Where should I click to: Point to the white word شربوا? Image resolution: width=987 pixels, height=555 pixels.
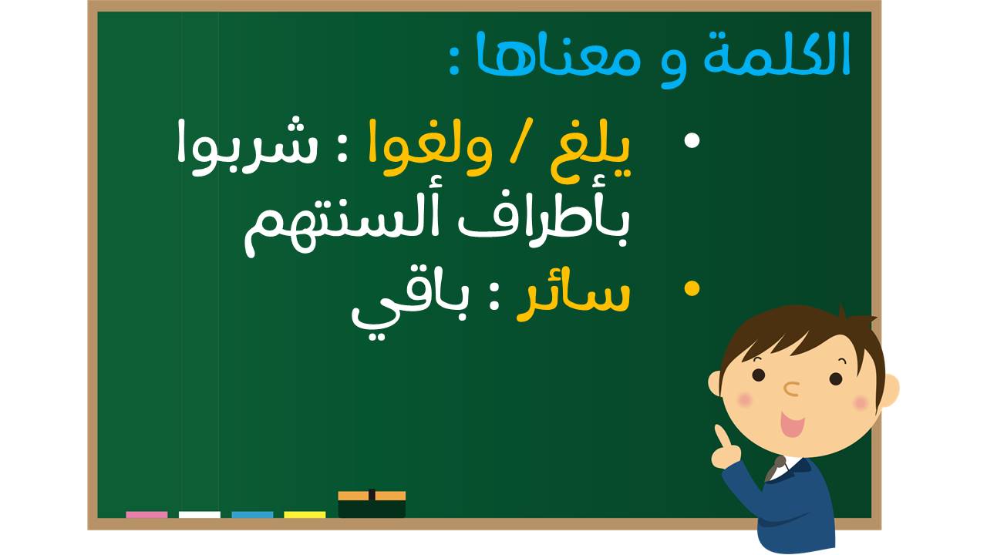tap(247, 146)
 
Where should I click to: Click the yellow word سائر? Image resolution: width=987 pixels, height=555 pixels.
tap(574, 301)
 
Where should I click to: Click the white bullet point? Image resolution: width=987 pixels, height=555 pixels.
tap(692, 140)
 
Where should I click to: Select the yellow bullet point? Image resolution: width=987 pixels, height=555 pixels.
tap(692, 289)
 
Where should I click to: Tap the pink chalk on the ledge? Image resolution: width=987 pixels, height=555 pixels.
tap(147, 514)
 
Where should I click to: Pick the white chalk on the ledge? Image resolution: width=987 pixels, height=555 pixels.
tap(200, 514)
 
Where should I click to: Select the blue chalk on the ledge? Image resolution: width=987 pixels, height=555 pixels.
tap(252, 514)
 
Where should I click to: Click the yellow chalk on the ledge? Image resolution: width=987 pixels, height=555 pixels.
tap(305, 514)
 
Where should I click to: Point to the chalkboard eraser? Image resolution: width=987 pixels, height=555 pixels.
tap(372, 504)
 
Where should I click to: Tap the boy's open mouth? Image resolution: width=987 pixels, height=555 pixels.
tap(792, 424)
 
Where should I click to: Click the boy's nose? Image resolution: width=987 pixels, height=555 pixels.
tap(792, 389)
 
